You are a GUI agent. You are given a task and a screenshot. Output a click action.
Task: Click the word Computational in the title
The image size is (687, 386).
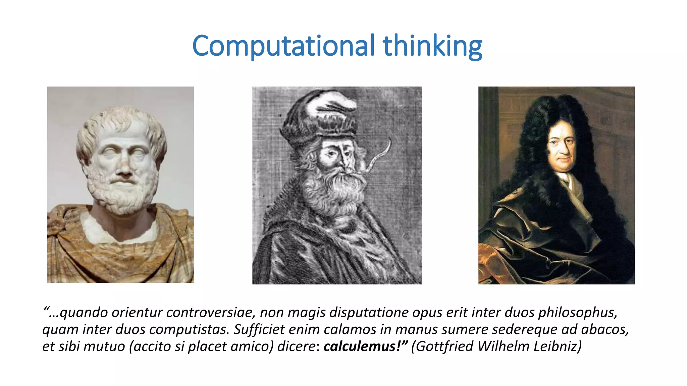[x=283, y=46]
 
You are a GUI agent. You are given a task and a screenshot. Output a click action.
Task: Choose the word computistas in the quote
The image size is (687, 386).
[x=189, y=329]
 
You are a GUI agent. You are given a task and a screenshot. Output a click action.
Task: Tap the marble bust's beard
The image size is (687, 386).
[x=122, y=194]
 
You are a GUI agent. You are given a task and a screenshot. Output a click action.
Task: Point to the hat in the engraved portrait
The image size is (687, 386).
[x=319, y=117]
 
